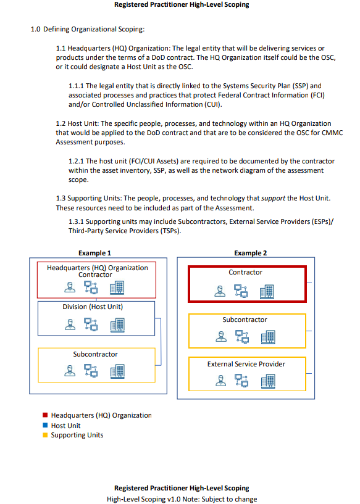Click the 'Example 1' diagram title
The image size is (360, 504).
94,253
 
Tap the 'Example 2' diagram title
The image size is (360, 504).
250,253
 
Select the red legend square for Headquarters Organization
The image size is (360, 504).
45,415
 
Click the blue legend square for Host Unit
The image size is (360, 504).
45,425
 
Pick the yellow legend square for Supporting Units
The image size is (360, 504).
45,435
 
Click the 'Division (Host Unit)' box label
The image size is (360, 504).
93,307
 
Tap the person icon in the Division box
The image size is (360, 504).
70,324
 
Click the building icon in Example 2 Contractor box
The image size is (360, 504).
267,292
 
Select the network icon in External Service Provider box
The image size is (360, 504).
241,380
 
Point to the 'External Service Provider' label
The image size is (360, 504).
246,364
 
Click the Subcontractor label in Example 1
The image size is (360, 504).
95,354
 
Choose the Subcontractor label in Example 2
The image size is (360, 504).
245,320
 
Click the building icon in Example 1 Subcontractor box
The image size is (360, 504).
117,371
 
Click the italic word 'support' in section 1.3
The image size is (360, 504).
273,198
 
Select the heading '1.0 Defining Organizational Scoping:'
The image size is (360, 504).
88,29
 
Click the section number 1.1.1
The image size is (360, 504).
76,86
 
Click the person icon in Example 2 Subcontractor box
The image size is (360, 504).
221,337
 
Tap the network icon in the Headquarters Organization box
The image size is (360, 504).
91,287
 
